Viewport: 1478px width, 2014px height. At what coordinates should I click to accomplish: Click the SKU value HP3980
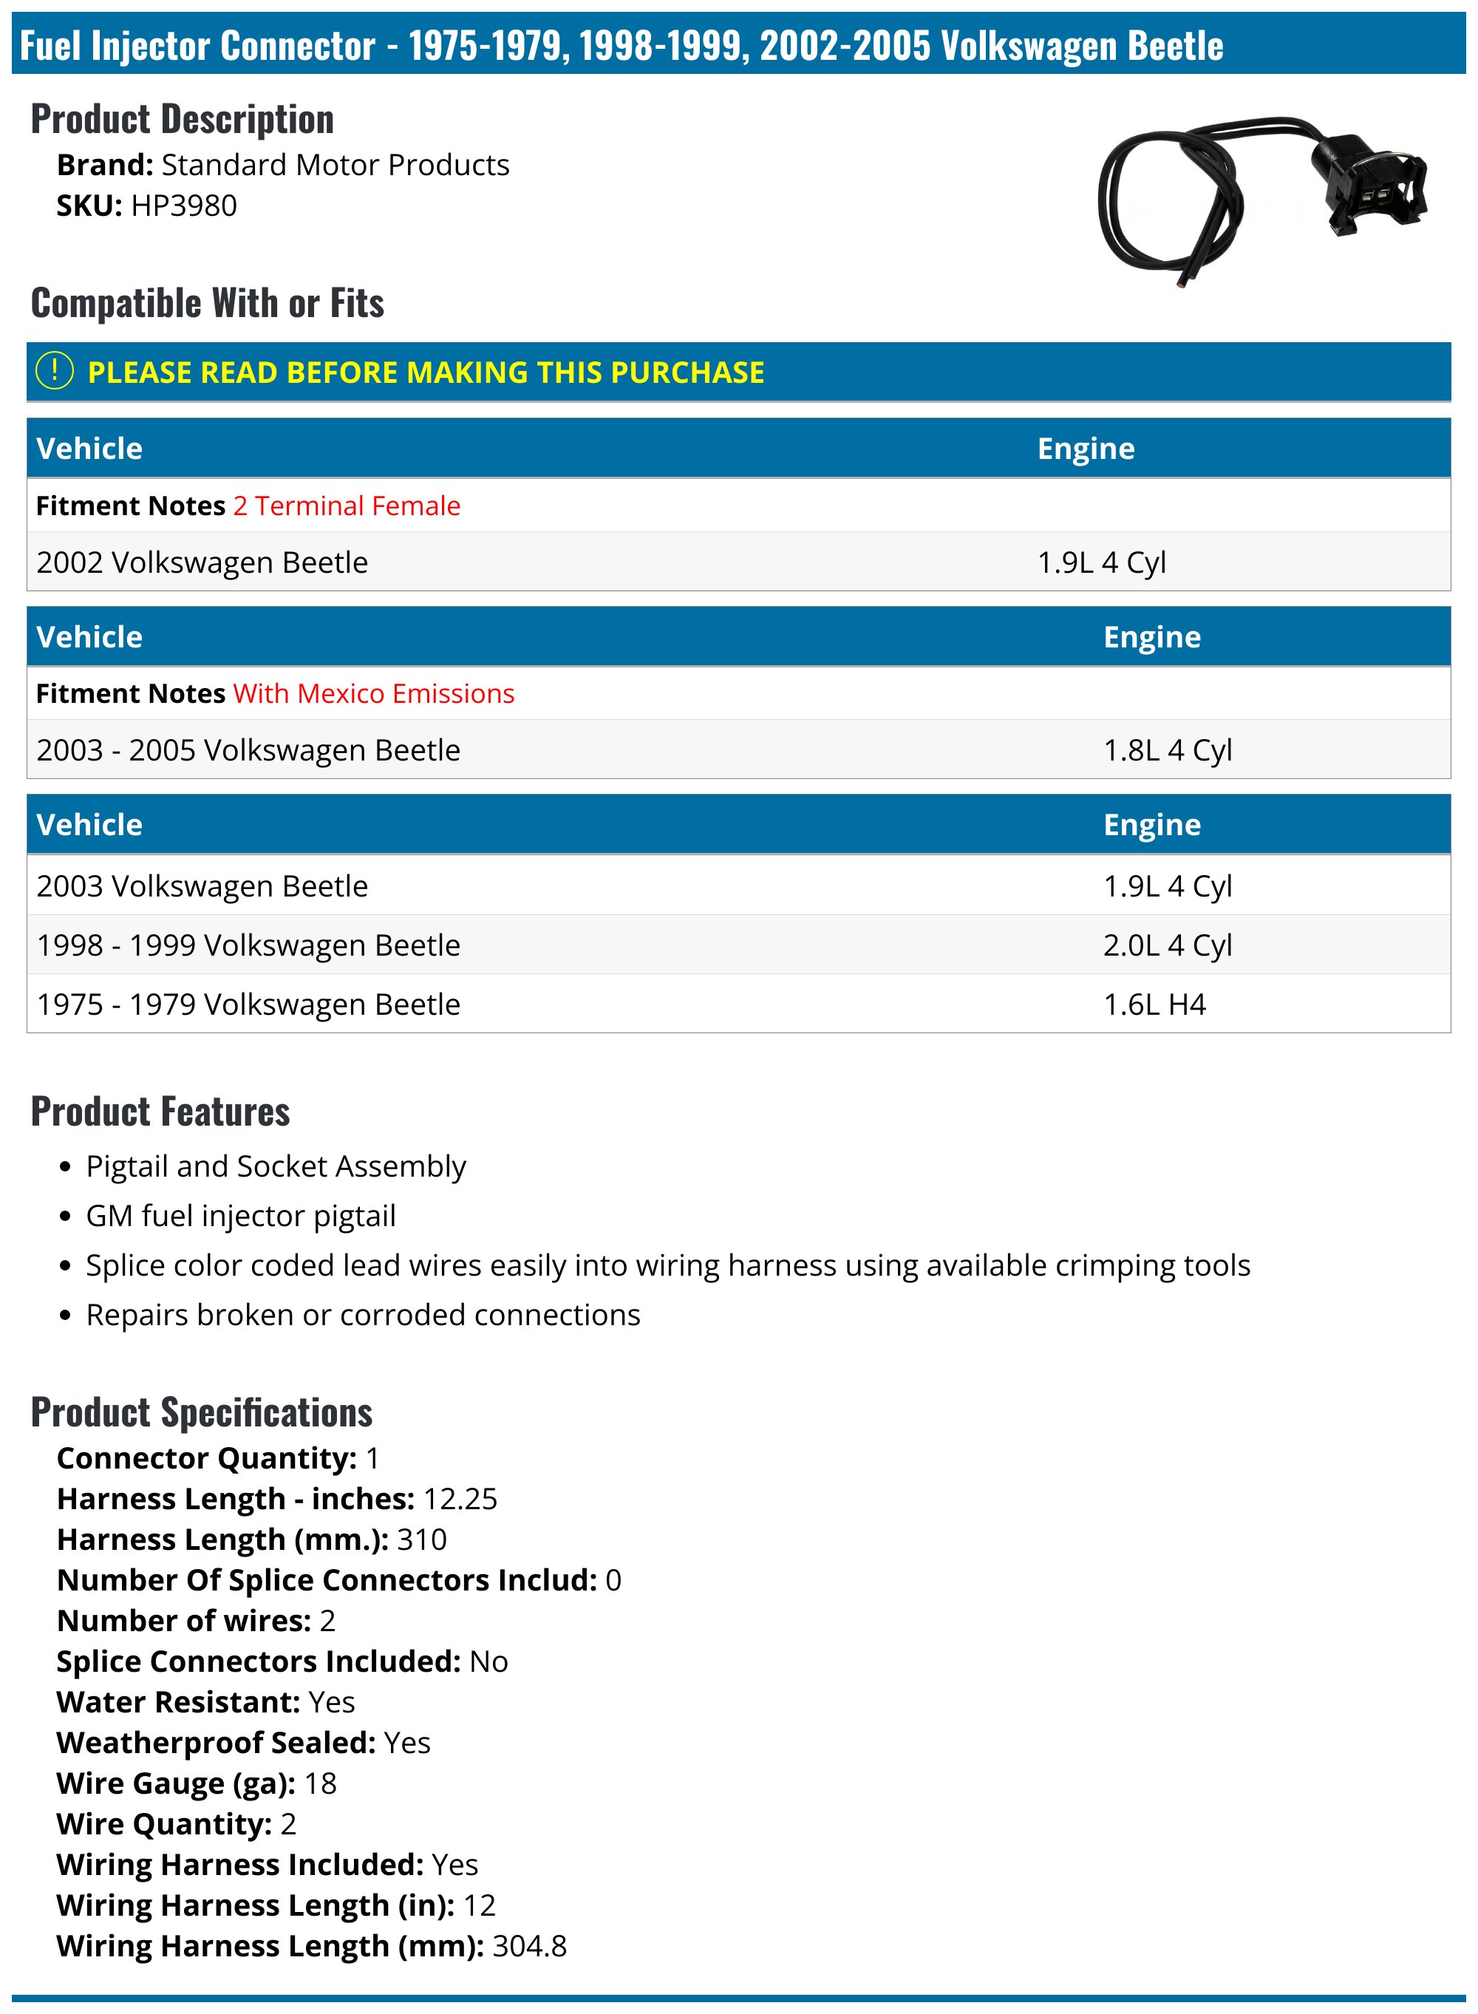pos(183,205)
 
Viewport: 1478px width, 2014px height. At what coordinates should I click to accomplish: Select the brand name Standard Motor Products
pos(335,166)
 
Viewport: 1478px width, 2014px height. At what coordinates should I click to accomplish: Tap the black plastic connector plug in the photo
pos(1366,183)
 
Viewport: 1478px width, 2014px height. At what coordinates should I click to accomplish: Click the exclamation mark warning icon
pos(55,370)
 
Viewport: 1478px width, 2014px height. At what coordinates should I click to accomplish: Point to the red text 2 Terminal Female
pos(347,506)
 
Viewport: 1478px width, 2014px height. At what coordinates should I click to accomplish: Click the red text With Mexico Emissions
pos(373,693)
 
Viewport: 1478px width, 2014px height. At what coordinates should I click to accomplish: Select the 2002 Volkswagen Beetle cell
pos(202,562)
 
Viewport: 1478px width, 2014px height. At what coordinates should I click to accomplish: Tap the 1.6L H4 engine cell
pos(1154,1004)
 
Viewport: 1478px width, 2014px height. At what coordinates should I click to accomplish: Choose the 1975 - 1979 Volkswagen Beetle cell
pos(248,1004)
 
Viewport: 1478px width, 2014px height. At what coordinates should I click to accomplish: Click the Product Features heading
pos(160,1112)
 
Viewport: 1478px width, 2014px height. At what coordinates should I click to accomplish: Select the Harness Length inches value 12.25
pos(460,1499)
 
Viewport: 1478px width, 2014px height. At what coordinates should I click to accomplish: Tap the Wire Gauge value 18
pos(320,1783)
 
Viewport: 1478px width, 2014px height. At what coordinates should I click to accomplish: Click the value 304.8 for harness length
pos(528,1946)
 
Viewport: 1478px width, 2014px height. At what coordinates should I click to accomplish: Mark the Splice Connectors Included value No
pos(488,1661)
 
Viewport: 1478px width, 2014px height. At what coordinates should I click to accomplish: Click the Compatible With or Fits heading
pos(208,302)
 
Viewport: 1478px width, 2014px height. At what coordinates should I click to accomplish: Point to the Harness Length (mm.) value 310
pos(421,1539)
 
